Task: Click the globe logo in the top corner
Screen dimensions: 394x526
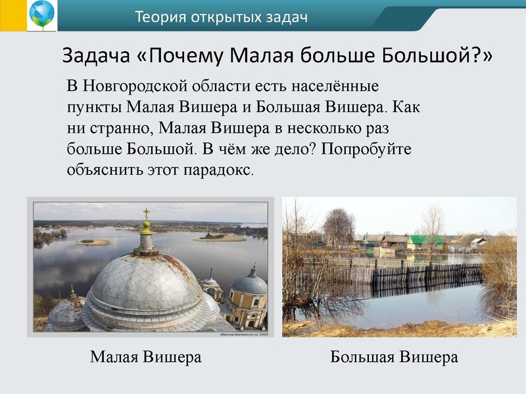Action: [x=41, y=15]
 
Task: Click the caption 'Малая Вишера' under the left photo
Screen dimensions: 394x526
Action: [x=145, y=358]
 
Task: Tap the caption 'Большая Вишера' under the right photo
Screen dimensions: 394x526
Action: [x=394, y=358]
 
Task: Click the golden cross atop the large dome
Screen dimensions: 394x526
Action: [x=146, y=216]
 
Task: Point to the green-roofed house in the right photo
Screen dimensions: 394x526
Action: [x=425, y=242]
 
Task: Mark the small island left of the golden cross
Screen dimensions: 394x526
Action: [x=93, y=242]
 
